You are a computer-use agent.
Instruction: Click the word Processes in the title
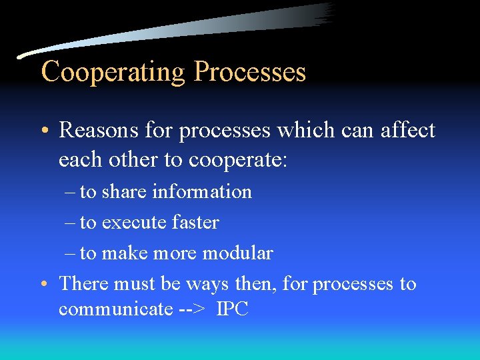pos(249,71)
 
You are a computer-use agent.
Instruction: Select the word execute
pos(132,223)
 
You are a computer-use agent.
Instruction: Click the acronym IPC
pos(232,310)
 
